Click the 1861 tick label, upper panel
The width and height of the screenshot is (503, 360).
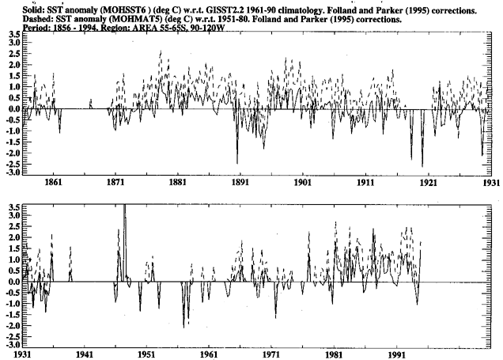tap(54, 181)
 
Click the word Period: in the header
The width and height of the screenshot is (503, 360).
tap(17, 24)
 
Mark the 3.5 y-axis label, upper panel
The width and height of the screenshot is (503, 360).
tap(13, 35)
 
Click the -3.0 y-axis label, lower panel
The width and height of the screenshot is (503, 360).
tap(12, 345)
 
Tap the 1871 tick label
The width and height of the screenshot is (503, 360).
tap(116, 181)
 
